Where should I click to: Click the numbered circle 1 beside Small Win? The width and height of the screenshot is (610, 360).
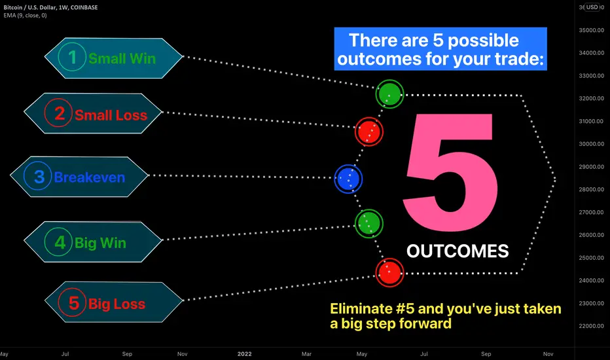72,57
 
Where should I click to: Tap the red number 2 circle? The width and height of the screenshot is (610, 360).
58,113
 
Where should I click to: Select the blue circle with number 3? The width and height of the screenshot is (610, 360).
38,176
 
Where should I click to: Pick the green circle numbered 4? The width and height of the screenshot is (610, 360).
58,242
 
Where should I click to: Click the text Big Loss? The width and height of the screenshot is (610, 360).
117,304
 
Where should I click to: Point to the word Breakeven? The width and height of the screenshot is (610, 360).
90,177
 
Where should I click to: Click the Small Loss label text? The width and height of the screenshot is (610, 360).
111,115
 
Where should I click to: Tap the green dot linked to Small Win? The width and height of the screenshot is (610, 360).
389,94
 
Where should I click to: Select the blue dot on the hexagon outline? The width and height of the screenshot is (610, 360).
348,179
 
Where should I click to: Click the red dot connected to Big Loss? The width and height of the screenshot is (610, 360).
389,272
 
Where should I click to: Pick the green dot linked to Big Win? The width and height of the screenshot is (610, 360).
368,224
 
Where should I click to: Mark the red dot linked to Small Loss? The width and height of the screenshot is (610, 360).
368,132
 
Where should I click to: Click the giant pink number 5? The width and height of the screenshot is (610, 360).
450,172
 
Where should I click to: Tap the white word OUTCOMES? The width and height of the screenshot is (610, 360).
457,251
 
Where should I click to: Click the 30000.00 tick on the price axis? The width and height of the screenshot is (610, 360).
591,144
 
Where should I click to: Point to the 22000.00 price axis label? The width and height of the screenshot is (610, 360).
591,326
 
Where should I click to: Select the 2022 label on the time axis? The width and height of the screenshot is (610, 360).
244,353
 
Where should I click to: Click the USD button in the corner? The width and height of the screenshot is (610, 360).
592,7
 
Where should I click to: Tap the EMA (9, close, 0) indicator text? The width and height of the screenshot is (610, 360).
26,16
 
